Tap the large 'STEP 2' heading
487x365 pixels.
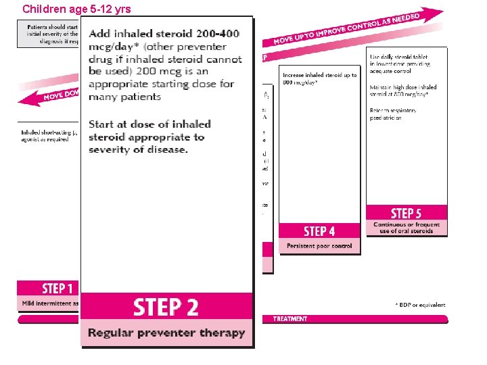pos(166,308)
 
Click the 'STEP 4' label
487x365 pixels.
pos(319,231)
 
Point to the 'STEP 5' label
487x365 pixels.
pos(406,214)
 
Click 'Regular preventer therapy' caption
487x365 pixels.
pos(166,333)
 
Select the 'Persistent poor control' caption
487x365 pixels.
pos(319,246)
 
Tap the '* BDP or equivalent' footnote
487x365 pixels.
pos(421,305)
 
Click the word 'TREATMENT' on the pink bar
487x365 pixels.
pos(290,319)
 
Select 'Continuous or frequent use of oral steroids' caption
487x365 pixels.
pos(407,228)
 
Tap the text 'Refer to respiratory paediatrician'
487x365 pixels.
pos(393,114)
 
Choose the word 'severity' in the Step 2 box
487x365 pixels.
pos(112,149)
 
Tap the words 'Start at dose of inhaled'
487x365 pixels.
pos(149,124)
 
